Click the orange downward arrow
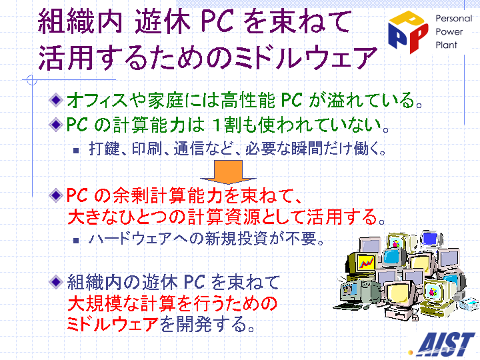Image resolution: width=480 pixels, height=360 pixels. tap(228, 172)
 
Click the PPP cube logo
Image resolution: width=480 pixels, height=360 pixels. tap(408, 31)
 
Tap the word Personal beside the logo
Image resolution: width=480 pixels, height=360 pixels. tap(454, 19)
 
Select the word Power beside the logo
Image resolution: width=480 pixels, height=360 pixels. tap(449, 32)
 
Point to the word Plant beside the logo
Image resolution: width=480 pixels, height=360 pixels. tap(446, 45)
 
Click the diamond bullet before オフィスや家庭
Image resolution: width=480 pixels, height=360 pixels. tap(56, 100)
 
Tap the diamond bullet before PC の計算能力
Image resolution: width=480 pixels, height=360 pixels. tap(56, 125)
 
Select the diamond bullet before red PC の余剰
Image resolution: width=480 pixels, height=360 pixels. tap(56, 195)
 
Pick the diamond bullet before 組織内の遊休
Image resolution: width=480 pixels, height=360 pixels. tap(56, 281)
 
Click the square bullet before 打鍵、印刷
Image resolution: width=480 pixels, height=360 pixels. tap(76, 150)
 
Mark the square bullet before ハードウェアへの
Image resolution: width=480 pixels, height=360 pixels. tap(76, 240)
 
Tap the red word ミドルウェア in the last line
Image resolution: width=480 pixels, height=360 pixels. tap(113, 324)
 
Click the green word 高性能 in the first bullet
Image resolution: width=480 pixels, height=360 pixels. tap(248, 100)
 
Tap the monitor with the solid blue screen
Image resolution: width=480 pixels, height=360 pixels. tap(431, 239)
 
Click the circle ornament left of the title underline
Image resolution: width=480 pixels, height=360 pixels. tap(32, 80)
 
